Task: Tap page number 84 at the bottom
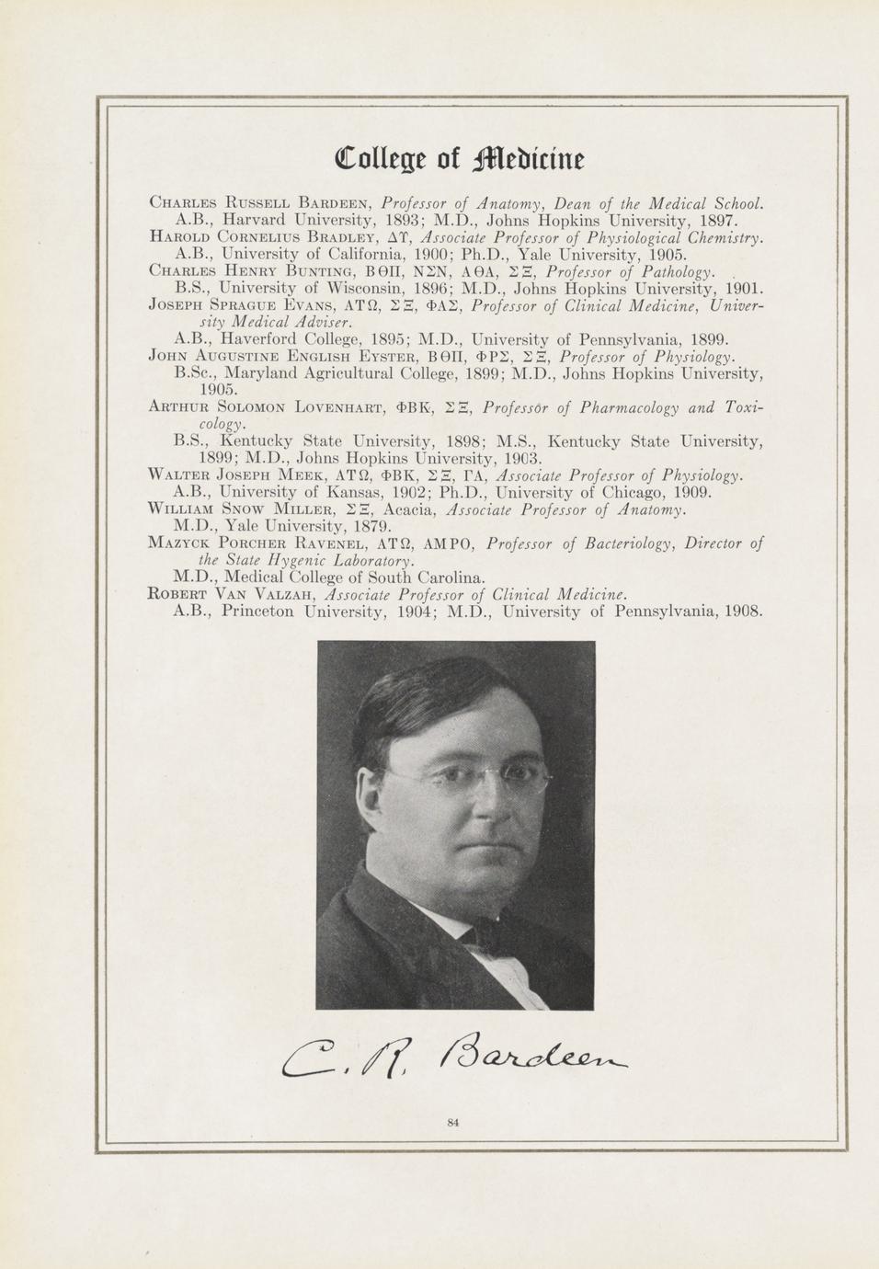(x=452, y=1121)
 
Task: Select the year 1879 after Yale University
(x=371, y=527)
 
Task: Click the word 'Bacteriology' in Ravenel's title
(x=605, y=543)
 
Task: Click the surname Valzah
(x=280, y=594)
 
